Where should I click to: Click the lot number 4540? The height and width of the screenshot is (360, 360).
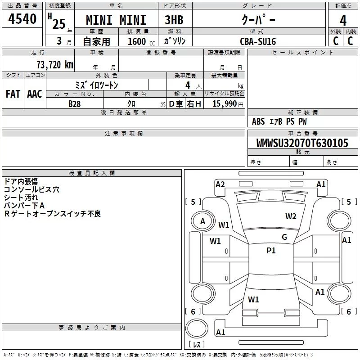[x=22, y=18]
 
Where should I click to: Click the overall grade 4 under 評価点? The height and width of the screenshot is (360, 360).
[x=343, y=20]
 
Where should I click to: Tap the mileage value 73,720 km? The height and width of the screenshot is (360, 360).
[x=55, y=64]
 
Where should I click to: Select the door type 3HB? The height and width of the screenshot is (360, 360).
[x=174, y=20]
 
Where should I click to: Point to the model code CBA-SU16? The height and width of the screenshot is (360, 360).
[x=258, y=41]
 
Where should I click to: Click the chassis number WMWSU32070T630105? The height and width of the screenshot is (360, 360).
[x=302, y=143]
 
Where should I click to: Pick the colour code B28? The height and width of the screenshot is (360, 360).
[x=75, y=104]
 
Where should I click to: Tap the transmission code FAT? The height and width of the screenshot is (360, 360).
[x=13, y=94]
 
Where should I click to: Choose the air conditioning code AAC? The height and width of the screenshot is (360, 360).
[x=35, y=94]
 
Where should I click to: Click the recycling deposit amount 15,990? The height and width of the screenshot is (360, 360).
[x=225, y=103]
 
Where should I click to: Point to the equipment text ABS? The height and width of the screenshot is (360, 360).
[x=258, y=121]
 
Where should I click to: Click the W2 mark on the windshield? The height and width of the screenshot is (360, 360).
[x=291, y=216]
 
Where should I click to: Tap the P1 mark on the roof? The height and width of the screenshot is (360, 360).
[x=271, y=250]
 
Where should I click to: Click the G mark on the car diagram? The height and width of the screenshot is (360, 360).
[x=284, y=237]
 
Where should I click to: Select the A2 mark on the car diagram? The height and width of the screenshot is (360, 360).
[x=220, y=184]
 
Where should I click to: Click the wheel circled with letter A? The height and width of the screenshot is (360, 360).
[x=202, y=221]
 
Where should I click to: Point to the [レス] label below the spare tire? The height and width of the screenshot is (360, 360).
[x=197, y=344]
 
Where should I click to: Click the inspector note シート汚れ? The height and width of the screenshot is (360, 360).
[x=21, y=198]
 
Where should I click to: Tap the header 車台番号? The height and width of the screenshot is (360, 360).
[x=302, y=133]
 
